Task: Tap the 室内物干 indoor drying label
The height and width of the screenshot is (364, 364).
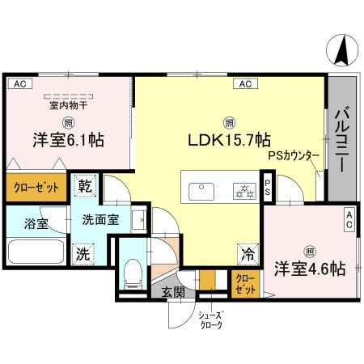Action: click(68, 105)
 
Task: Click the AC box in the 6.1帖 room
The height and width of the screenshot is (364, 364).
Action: click(19, 83)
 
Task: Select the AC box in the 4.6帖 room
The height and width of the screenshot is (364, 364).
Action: click(349, 214)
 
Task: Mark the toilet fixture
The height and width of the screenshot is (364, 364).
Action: click(132, 272)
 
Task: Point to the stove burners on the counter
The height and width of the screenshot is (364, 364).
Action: click(243, 191)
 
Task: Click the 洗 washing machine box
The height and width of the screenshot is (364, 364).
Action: click(82, 252)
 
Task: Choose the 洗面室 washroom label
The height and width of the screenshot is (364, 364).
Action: click(102, 219)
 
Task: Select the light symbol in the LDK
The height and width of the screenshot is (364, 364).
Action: click(231, 121)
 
